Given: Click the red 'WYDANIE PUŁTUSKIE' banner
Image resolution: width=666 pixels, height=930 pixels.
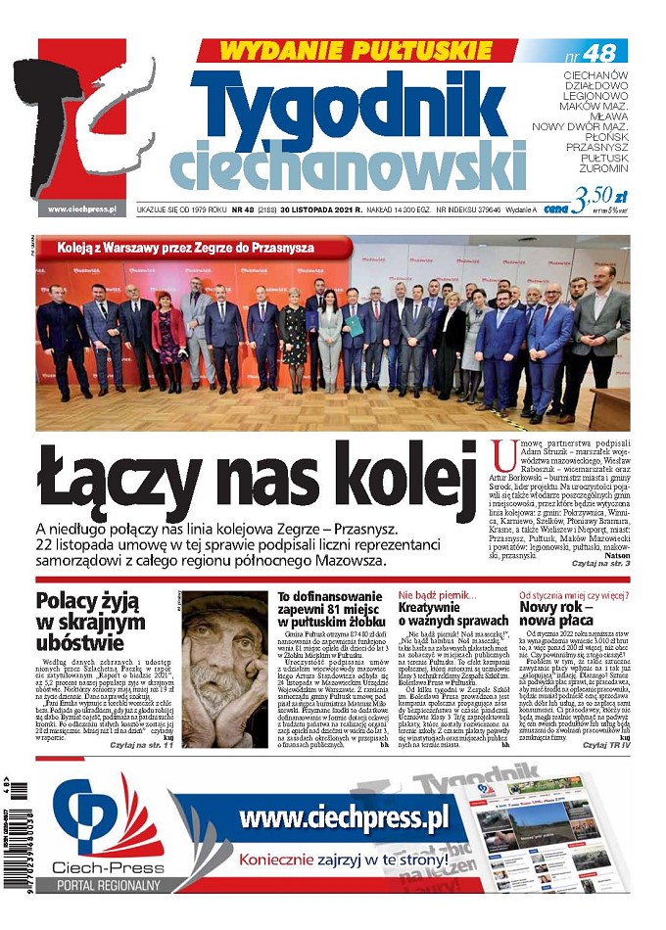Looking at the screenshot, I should tap(355, 50).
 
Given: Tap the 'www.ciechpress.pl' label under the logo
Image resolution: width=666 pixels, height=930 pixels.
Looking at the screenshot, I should tap(81, 209).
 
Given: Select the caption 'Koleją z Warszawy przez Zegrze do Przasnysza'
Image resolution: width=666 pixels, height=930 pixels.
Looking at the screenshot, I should tap(185, 248).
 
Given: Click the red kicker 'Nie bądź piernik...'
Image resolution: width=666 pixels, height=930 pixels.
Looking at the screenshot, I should tap(437, 595).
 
